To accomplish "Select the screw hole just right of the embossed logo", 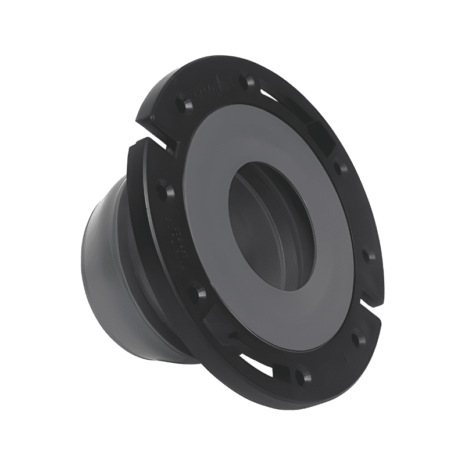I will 250,81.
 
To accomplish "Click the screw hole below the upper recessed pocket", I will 342,169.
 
